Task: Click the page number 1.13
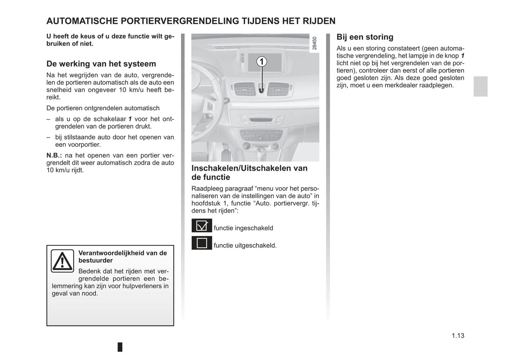click(458, 336)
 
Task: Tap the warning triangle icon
click(62, 261)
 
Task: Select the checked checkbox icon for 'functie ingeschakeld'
click(202, 226)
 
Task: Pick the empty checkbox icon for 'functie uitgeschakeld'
click(202, 243)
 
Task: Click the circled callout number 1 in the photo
click(261, 62)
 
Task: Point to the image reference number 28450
click(314, 43)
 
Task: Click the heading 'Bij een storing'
click(365, 37)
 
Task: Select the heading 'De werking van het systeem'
click(101, 64)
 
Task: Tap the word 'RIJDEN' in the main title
click(319, 21)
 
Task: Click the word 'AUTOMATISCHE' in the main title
click(82, 21)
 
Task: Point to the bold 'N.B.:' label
click(54, 156)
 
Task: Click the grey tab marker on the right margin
click(480, 86)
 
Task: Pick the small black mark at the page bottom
click(120, 347)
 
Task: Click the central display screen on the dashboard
click(265, 61)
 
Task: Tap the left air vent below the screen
click(244, 89)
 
